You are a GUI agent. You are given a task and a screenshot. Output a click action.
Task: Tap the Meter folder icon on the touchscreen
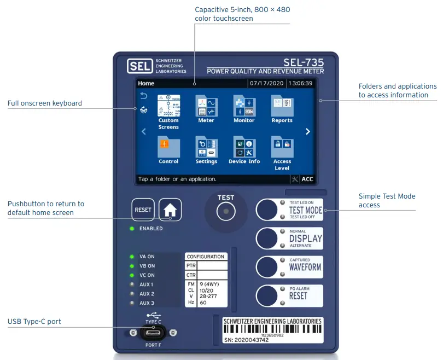(206, 105)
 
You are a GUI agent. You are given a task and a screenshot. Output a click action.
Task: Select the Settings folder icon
(206, 147)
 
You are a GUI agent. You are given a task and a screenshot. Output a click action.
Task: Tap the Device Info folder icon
(244, 147)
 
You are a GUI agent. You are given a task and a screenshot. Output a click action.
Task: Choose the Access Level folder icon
(282, 147)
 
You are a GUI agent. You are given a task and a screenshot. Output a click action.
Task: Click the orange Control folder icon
(168, 147)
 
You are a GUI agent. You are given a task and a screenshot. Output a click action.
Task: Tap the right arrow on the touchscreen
(308, 131)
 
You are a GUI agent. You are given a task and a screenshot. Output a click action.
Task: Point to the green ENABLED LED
(132, 228)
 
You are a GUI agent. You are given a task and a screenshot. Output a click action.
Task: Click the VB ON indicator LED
(132, 266)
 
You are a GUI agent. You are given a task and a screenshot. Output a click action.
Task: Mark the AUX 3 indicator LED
(132, 303)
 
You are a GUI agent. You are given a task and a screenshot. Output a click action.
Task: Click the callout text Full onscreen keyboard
(45, 103)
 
